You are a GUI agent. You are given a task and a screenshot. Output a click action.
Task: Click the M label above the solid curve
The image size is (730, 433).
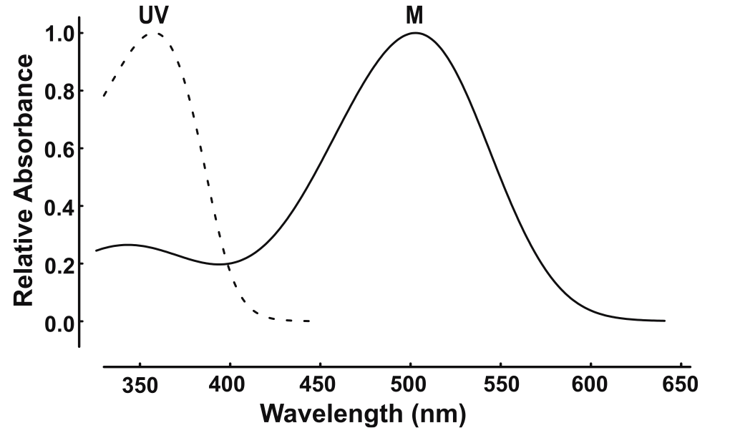coord(414,15)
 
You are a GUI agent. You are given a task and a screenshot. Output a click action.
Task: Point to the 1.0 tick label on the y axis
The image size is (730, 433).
coord(58,34)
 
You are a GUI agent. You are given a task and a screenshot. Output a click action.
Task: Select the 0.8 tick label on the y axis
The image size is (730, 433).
coord(58,92)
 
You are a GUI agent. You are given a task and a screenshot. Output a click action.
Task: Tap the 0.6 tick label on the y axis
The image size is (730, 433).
coord(58,149)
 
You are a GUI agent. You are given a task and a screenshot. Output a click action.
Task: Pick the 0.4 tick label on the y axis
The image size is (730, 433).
coord(58,207)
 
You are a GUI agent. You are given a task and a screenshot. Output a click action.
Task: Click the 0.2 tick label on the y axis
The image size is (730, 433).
coord(58,264)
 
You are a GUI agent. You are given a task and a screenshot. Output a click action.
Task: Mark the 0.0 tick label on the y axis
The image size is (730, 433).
coord(58,322)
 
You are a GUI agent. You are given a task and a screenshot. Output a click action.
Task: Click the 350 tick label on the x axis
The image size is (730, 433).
coord(140,385)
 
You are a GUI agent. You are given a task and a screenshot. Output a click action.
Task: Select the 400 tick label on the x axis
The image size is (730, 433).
coord(230,385)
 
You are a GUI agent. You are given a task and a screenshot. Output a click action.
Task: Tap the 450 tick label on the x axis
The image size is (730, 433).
coord(320,385)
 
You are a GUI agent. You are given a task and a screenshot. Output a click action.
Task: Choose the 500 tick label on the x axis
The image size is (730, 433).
coord(410,385)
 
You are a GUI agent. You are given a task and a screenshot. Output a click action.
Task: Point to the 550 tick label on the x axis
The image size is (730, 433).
coord(500,385)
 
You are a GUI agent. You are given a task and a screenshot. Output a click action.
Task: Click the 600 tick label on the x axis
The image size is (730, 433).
coord(590,385)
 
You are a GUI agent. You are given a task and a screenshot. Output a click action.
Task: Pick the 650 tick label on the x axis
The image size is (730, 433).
coord(681,385)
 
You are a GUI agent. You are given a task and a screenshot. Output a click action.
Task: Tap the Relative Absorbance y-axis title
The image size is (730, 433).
coord(24,179)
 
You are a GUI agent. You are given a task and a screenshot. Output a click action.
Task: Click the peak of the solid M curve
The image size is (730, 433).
coord(414,33)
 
